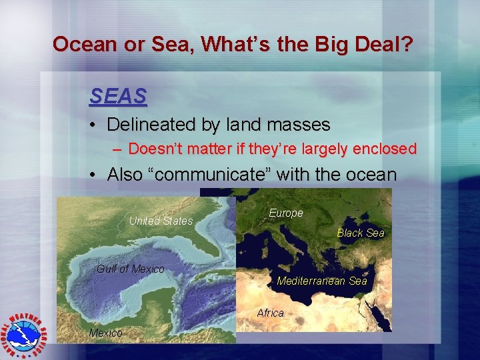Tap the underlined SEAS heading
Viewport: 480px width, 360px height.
pyautogui.click(x=118, y=97)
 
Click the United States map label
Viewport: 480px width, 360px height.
pyautogui.click(x=161, y=221)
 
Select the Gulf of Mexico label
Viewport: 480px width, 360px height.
pyautogui.click(x=131, y=269)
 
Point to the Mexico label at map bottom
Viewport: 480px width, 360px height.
pyautogui.click(x=105, y=333)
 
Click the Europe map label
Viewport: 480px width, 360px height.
pyautogui.click(x=285, y=213)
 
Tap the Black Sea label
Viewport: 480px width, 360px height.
pyautogui.click(x=360, y=233)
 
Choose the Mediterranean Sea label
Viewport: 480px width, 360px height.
pyautogui.click(x=321, y=281)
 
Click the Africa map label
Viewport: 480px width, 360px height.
pyautogui.click(x=270, y=313)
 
